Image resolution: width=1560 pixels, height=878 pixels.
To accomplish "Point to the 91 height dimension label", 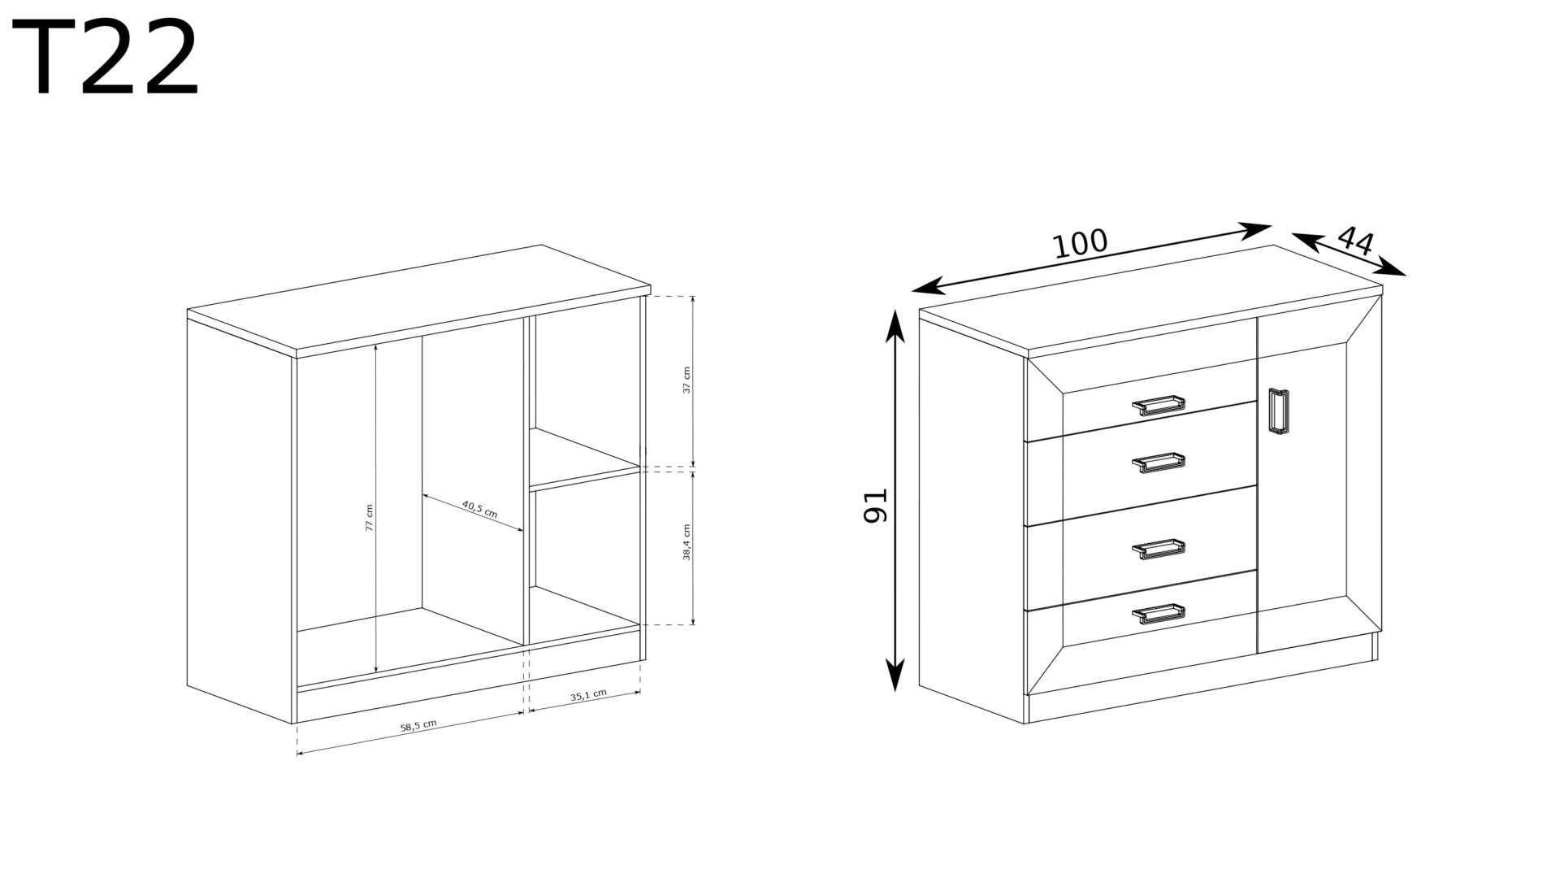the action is point(877,505).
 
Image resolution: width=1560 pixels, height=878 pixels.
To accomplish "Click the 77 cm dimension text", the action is point(369,518).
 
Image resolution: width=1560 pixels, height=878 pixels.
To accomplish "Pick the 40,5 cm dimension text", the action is point(479,510).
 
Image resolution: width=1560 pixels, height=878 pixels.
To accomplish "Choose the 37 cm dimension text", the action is point(687,380).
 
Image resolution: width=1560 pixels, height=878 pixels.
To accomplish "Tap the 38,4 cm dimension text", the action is point(687,542).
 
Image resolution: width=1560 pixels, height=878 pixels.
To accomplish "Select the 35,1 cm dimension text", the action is point(588,696).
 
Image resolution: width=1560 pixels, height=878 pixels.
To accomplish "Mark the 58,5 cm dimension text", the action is point(418,726).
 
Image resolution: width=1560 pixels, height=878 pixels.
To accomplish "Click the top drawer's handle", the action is point(1159,405).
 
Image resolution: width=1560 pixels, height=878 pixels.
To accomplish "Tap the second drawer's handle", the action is point(1159,463).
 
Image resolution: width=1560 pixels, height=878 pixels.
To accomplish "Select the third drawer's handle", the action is point(1159,550).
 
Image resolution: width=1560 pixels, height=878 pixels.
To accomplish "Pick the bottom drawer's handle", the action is point(1159,614).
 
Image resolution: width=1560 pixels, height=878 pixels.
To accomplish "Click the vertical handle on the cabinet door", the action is point(1278,412).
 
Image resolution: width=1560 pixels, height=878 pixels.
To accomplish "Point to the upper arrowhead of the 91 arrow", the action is point(895,327).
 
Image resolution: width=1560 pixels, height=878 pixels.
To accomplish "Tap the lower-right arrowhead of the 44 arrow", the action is point(1391,267).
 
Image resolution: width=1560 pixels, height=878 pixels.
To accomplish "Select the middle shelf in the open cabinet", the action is point(585,459).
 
